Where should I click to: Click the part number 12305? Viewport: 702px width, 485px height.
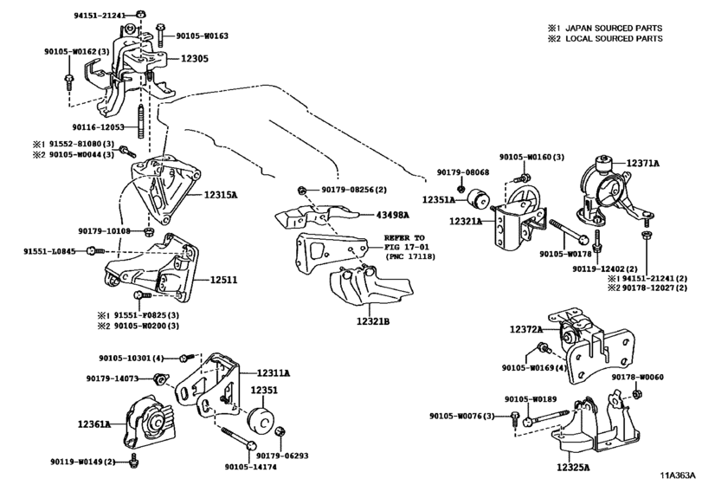194,59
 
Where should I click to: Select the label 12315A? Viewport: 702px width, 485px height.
221,195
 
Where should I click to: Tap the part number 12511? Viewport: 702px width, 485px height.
224,281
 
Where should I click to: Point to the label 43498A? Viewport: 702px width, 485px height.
393,216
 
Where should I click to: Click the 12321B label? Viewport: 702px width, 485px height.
373,321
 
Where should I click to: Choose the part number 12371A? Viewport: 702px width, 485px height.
642,164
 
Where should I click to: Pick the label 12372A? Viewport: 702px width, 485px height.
526,330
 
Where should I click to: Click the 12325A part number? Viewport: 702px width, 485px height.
573,468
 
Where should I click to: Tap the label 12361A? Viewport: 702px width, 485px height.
94,424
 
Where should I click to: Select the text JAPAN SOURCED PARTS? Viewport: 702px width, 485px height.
614,29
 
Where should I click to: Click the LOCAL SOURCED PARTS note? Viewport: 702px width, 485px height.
614,39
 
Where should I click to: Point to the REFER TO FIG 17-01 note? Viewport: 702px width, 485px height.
407,242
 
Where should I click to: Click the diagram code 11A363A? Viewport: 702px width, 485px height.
679,475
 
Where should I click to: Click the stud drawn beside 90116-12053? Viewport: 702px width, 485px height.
140,122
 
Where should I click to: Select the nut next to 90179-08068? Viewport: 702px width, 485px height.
461,188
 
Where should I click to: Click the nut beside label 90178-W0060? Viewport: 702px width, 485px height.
635,394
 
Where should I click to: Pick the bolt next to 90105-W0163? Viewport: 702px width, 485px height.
160,35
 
